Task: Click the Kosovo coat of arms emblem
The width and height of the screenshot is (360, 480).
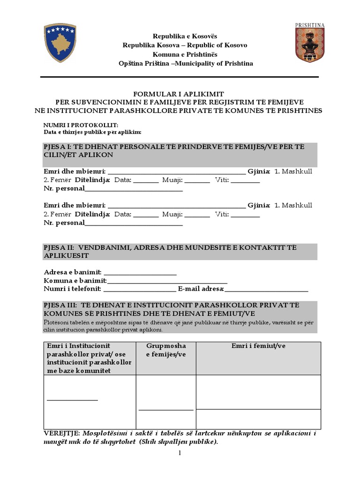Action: [x=60, y=43]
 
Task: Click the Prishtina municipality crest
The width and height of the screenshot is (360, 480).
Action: [x=309, y=45]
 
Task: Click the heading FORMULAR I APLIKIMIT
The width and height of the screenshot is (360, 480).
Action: [x=180, y=94]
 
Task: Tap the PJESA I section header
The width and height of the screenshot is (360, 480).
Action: [x=180, y=150]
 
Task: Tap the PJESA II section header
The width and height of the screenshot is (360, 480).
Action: [x=180, y=251]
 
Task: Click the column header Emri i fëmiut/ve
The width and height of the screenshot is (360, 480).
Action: [x=258, y=346]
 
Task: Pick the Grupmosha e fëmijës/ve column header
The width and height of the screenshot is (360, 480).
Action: [x=165, y=350]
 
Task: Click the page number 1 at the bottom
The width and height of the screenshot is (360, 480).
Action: [x=179, y=453]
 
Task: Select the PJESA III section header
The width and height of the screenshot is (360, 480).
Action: [x=180, y=309]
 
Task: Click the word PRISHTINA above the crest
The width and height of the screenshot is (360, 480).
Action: [x=310, y=25]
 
